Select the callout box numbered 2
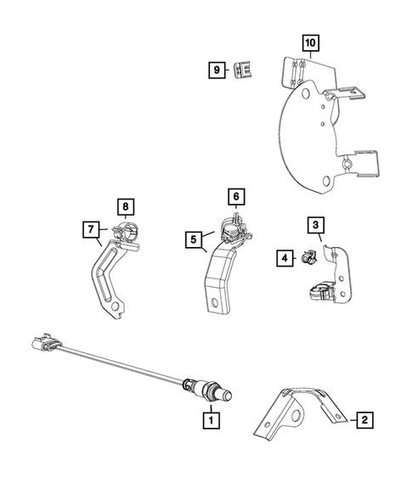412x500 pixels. coord(364,419)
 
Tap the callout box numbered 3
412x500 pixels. coord(315,224)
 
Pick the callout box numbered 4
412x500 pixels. coord(285,256)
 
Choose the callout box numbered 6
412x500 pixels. coord(237,196)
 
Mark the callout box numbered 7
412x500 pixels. coord(89,229)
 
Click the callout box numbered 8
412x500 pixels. coord(124,205)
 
